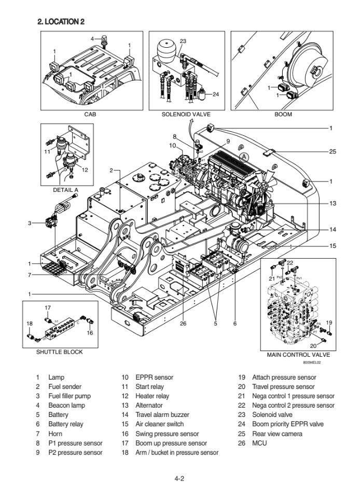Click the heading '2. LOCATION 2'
pyautogui.click(x=61, y=21)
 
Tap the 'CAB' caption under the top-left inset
pyautogui.click(x=90, y=115)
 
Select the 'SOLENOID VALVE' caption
pyautogui.click(x=186, y=115)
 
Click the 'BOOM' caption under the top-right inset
pyautogui.click(x=283, y=115)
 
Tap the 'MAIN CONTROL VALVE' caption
pyautogui.click(x=298, y=355)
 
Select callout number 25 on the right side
pyautogui.click(x=333, y=152)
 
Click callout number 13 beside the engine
pyautogui.click(x=333, y=203)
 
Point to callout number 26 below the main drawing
pyautogui.click(x=183, y=324)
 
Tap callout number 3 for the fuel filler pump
pyautogui.click(x=30, y=223)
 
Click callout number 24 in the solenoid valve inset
pyautogui.click(x=216, y=94)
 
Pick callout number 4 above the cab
pyautogui.click(x=92, y=38)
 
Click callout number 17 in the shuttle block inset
pyautogui.click(x=47, y=308)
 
